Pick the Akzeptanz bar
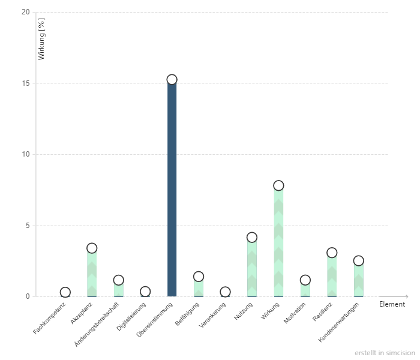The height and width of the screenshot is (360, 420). tap(92, 274)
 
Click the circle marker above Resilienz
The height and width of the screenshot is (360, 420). tap(332, 253)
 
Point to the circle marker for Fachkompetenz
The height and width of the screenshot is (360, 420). tap(65, 292)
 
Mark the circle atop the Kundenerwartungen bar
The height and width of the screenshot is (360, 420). tap(358, 260)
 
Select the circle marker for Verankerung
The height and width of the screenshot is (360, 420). tap(225, 292)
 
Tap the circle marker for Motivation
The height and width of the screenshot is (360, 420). tap(305, 280)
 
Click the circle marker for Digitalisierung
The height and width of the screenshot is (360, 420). tap(145, 292)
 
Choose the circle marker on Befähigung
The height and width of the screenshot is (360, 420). tap(199, 277)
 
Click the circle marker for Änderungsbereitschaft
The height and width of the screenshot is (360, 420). tap(118, 280)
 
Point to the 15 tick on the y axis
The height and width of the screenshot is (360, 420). tap(26, 83)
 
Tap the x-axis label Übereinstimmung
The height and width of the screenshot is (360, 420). tap(155, 319)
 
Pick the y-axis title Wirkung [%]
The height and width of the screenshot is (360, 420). tap(41, 40)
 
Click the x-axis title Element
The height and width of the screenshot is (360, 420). tap(392, 304)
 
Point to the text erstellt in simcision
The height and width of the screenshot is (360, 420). tap(384, 353)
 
